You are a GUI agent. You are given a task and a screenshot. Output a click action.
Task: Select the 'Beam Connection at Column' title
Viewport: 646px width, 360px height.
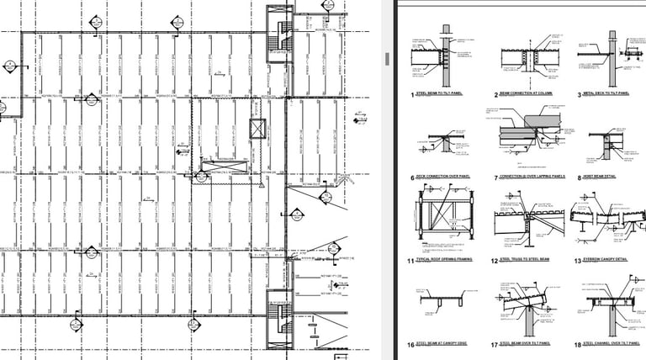click(x=527, y=95)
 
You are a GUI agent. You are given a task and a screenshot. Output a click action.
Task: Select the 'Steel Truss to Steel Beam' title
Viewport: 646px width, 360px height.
click(x=527, y=262)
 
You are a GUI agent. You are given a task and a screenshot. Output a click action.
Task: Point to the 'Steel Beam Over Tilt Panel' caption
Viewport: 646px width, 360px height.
click(x=528, y=344)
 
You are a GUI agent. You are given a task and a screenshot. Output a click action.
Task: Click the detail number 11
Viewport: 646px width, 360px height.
click(x=412, y=262)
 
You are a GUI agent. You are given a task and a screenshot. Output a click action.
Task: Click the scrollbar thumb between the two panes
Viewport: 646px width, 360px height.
click(x=387, y=59)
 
